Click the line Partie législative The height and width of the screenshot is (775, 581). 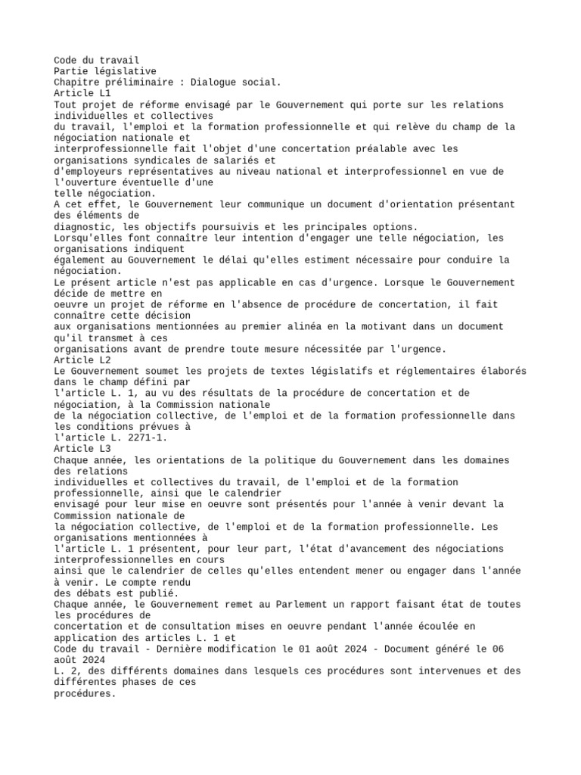pos(105,71)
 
